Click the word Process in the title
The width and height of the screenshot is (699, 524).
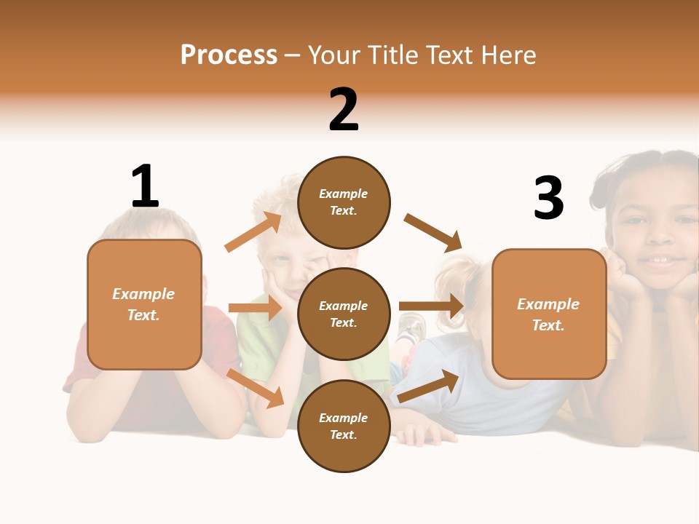pyautogui.click(x=229, y=55)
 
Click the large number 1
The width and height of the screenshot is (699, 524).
pyautogui.click(x=145, y=186)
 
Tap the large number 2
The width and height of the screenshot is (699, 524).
pyautogui.click(x=344, y=109)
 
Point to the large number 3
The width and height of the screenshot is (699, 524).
pyautogui.click(x=548, y=198)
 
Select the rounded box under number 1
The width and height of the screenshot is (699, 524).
pyautogui.click(x=144, y=304)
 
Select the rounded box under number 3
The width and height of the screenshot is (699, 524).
pyautogui.click(x=549, y=314)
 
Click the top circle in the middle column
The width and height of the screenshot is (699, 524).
pyautogui.click(x=344, y=202)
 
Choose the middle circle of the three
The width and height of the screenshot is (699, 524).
pyautogui.click(x=344, y=314)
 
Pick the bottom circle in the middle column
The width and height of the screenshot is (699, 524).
pyautogui.click(x=344, y=426)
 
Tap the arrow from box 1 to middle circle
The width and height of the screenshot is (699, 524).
pyautogui.click(x=255, y=308)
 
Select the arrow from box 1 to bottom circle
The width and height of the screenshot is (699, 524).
pyautogui.click(x=255, y=387)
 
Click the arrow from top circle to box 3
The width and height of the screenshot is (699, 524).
pyautogui.click(x=434, y=232)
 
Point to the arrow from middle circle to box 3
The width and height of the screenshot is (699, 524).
pyautogui.click(x=431, y=306)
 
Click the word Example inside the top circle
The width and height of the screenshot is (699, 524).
pyautogui.click(x=343, y=194)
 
